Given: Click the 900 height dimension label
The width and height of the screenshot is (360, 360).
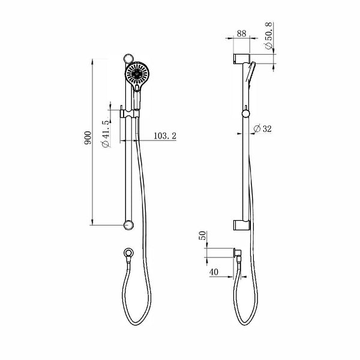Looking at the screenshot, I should pyautogui.click(x=88, y=140).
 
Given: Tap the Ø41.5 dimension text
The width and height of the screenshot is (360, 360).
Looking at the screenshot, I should pyautogui.click(x=106, y=134).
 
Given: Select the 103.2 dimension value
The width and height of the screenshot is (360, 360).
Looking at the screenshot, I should pyautogui.click(x=164, y=136).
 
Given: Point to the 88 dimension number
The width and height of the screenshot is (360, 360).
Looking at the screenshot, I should pyautogui.click(x=241, y=34).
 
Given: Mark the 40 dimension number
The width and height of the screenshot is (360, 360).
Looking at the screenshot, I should pyautogui.click(x=214, y=272).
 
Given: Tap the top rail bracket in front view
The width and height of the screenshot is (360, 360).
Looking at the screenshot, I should pyautogui.click(x=127, y=59).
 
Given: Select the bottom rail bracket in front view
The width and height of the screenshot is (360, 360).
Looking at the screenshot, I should pyautogui.click(x=127, y=226).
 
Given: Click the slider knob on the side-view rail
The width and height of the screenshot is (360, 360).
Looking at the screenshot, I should pyautogui.click(x=245, y=113).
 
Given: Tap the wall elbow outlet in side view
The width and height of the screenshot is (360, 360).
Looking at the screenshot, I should pyautogui.click(x=238, y=255).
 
